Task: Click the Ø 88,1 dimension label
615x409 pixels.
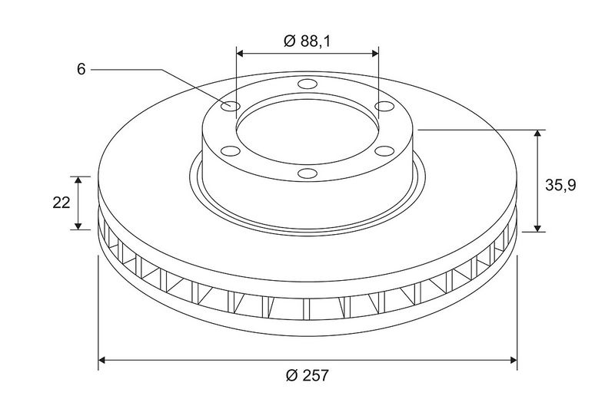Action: [x=307, y=41]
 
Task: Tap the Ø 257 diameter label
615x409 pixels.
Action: [x=307, y=375]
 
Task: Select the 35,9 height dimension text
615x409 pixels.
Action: [x=561, y=185]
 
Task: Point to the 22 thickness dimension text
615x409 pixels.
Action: [x=61, y=203]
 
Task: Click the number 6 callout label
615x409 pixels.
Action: [x=81, y=69]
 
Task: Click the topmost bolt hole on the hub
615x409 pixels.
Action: [x=307, y=84]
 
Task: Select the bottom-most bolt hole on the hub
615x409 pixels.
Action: [x=307, y=173]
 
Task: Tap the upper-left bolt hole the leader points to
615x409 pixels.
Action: [x=230, y=106]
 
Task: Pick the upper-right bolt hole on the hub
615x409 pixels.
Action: [x=384, y=106]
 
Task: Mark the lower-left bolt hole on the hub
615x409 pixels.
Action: [x=230, y=150]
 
